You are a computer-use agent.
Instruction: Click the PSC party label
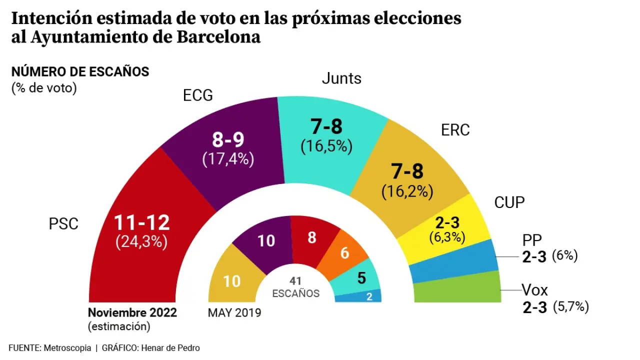63,223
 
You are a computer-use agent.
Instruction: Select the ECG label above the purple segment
197,95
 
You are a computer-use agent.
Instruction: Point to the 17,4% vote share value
228,159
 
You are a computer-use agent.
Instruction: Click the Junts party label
341,78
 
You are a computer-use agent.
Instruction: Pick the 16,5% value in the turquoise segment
326,146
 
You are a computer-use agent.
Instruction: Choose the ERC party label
455,130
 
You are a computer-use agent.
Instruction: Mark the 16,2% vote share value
407,191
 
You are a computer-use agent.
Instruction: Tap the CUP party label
509,202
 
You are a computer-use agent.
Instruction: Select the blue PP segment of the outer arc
452,261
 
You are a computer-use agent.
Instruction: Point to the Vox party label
535,289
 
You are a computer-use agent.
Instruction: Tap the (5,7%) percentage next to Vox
571,307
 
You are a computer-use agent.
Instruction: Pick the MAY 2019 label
234,313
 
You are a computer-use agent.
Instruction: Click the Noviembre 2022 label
132,313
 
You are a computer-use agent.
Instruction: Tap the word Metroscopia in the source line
67,348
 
